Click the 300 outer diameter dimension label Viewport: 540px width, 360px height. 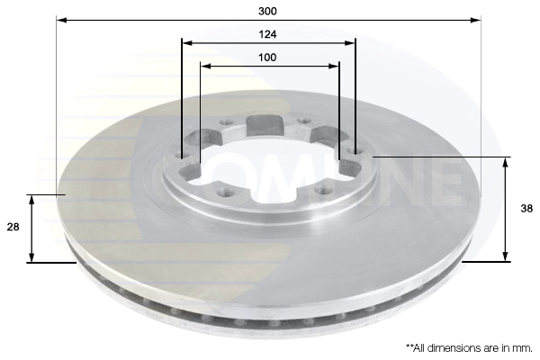(267, 12)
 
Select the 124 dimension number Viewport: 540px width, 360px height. (267, 34)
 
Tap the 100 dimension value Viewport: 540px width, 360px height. (267, 58)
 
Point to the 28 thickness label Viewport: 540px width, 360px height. (13, 227)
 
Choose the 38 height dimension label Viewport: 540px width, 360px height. (526, 209)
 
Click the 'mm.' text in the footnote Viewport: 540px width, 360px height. (525, 348)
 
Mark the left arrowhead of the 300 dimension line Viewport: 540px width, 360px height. (61, 21)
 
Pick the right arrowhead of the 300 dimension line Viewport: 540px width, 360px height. (475, 21)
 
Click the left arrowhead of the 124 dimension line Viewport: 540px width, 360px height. (186, 43)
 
